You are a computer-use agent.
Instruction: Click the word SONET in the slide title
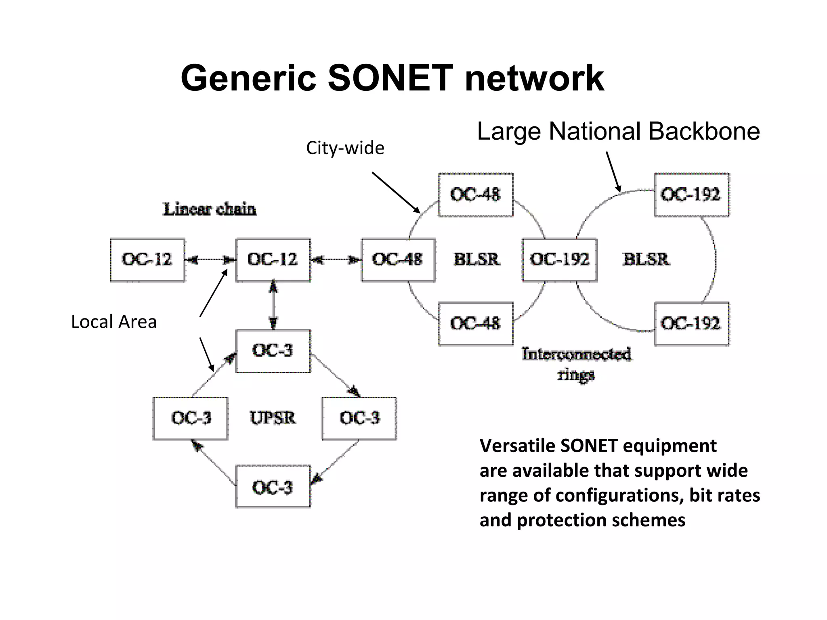[390, 78]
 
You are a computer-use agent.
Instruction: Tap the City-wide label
[345, 148]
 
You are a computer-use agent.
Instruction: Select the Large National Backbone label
[618, 131]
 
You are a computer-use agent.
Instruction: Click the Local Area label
[114, 322]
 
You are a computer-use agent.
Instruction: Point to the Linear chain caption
[209, 209]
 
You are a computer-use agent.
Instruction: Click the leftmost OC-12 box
[147, 260]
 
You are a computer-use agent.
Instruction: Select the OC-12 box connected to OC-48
[273, 260]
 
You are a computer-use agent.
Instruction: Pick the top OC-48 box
[476, 195]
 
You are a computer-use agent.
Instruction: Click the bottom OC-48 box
[476, 324]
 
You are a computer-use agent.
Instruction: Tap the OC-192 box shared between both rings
[560, 260]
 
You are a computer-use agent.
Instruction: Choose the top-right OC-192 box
[691, 195]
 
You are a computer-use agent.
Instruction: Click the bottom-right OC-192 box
[691, 324]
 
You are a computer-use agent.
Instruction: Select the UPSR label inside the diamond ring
[273, 418]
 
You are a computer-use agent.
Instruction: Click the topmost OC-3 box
[273, 350]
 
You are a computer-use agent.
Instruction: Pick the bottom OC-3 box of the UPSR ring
[273, 487]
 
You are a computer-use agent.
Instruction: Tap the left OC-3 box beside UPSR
[191, 418]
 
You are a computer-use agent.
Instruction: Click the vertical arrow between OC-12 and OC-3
[273, 305]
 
